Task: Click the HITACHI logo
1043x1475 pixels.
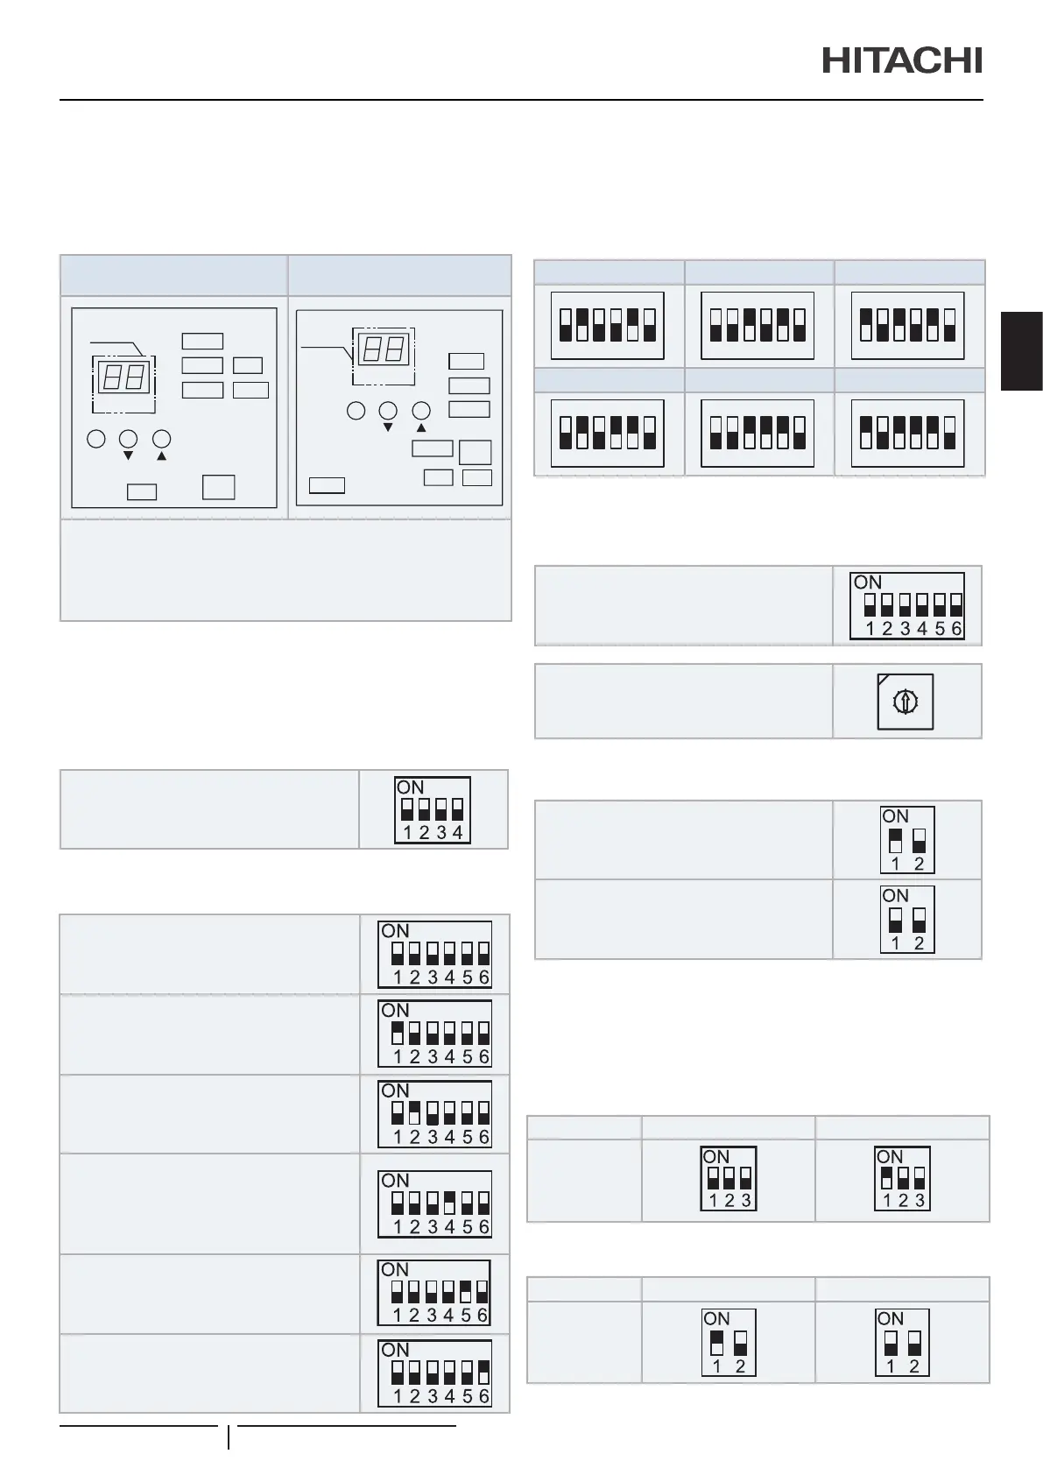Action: (902, 60)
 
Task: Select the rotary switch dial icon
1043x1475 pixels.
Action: (906, 701)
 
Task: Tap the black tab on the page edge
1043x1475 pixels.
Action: (1022, 350)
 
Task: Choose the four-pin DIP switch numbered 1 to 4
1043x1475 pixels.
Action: (433, 809)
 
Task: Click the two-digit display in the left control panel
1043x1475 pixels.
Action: (123, 378)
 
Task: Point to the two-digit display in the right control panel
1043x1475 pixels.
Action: (383, 350)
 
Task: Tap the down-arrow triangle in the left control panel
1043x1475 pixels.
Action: (129, 456)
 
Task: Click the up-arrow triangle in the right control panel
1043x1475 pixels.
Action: (421, 427)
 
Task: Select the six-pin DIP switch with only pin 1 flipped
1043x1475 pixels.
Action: (434, 1034)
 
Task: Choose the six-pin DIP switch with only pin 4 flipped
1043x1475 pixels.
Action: (434, 1204)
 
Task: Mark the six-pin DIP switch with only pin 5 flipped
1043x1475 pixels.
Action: (434, 1293)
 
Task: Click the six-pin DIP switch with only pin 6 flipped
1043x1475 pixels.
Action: (434, 1373)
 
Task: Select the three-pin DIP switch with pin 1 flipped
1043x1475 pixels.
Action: (902, 1178)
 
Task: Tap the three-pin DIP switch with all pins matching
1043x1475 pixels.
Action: (729, 1178)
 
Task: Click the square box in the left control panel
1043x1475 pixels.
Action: (218, 487)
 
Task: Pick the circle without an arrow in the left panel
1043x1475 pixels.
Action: (96, 439)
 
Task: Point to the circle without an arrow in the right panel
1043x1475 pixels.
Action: (356, 410)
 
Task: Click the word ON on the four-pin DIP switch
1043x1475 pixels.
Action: (410, 787)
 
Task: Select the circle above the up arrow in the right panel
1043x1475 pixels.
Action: (422, 410)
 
